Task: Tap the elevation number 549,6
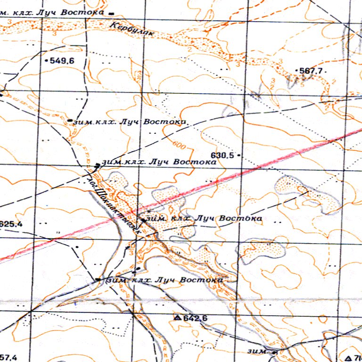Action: coord(62,61)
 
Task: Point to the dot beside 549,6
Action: coord(46,61)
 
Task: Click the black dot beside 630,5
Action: coord(239,155)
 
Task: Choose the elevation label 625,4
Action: coord(11,223)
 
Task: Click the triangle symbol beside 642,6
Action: coord(177,318)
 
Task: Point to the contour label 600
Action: coord(179,144)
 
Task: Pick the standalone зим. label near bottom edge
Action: coord(257,352)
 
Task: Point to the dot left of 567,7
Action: coord(296,71)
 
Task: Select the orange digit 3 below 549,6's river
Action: coord(56,33)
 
